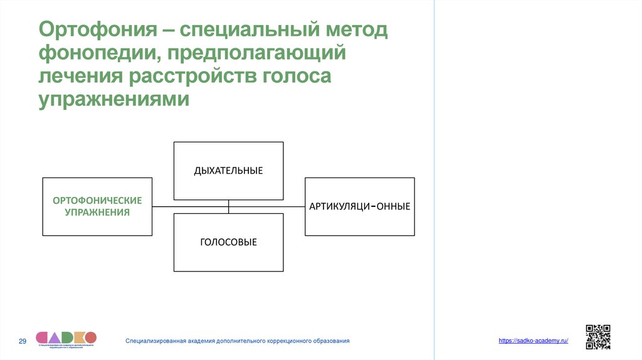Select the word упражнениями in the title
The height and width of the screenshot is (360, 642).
click(113, 99)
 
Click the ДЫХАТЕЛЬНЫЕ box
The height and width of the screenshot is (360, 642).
click(228, 171)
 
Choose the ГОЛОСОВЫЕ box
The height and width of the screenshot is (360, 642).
click(228, 242)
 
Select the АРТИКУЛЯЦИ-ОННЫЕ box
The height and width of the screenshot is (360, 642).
click(360, 206)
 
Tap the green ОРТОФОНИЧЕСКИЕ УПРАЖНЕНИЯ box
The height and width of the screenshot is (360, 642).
click(97, 206)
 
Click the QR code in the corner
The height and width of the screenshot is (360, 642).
click(597, 337)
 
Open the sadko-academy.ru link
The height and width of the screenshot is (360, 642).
click(534, 341)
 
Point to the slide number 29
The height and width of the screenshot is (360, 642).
click(23, 341)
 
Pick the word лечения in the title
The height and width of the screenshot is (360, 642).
click(80, 76)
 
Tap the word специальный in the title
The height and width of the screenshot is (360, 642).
click(250, 30)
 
